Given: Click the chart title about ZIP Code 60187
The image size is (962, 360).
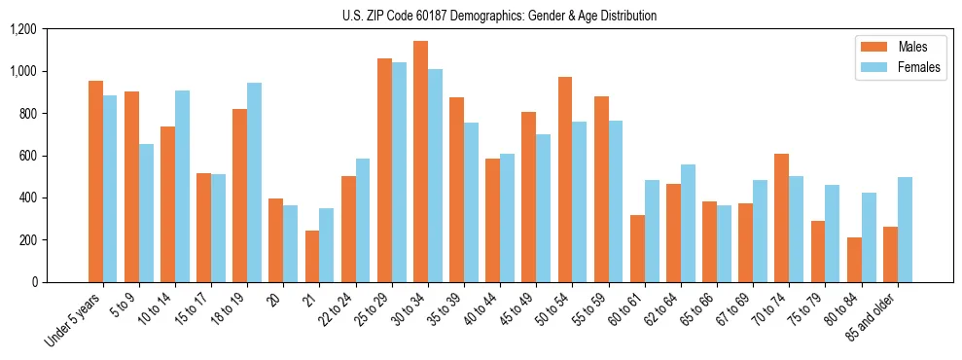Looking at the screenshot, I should pos(499,16).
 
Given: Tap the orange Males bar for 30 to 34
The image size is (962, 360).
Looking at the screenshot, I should pos(420,162).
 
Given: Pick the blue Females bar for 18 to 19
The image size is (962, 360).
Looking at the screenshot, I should pos(254,183).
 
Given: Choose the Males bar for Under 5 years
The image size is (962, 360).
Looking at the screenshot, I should pos(95,182).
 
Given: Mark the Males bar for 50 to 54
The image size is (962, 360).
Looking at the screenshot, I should pos(565,180).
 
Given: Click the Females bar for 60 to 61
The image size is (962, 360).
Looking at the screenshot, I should pos(652,231).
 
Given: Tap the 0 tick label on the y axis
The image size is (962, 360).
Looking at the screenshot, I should pos(33,282).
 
